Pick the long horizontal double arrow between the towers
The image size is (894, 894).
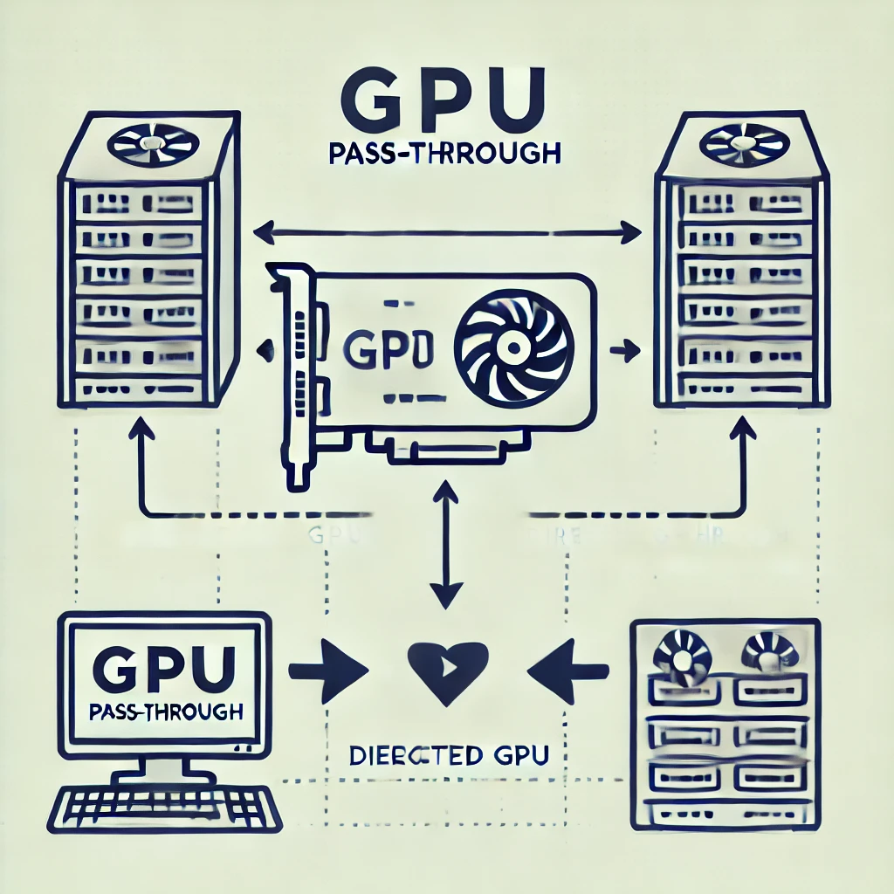click(447, 233)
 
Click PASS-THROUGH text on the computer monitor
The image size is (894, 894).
click(165, 712)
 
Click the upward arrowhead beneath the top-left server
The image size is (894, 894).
click(142, 429)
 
